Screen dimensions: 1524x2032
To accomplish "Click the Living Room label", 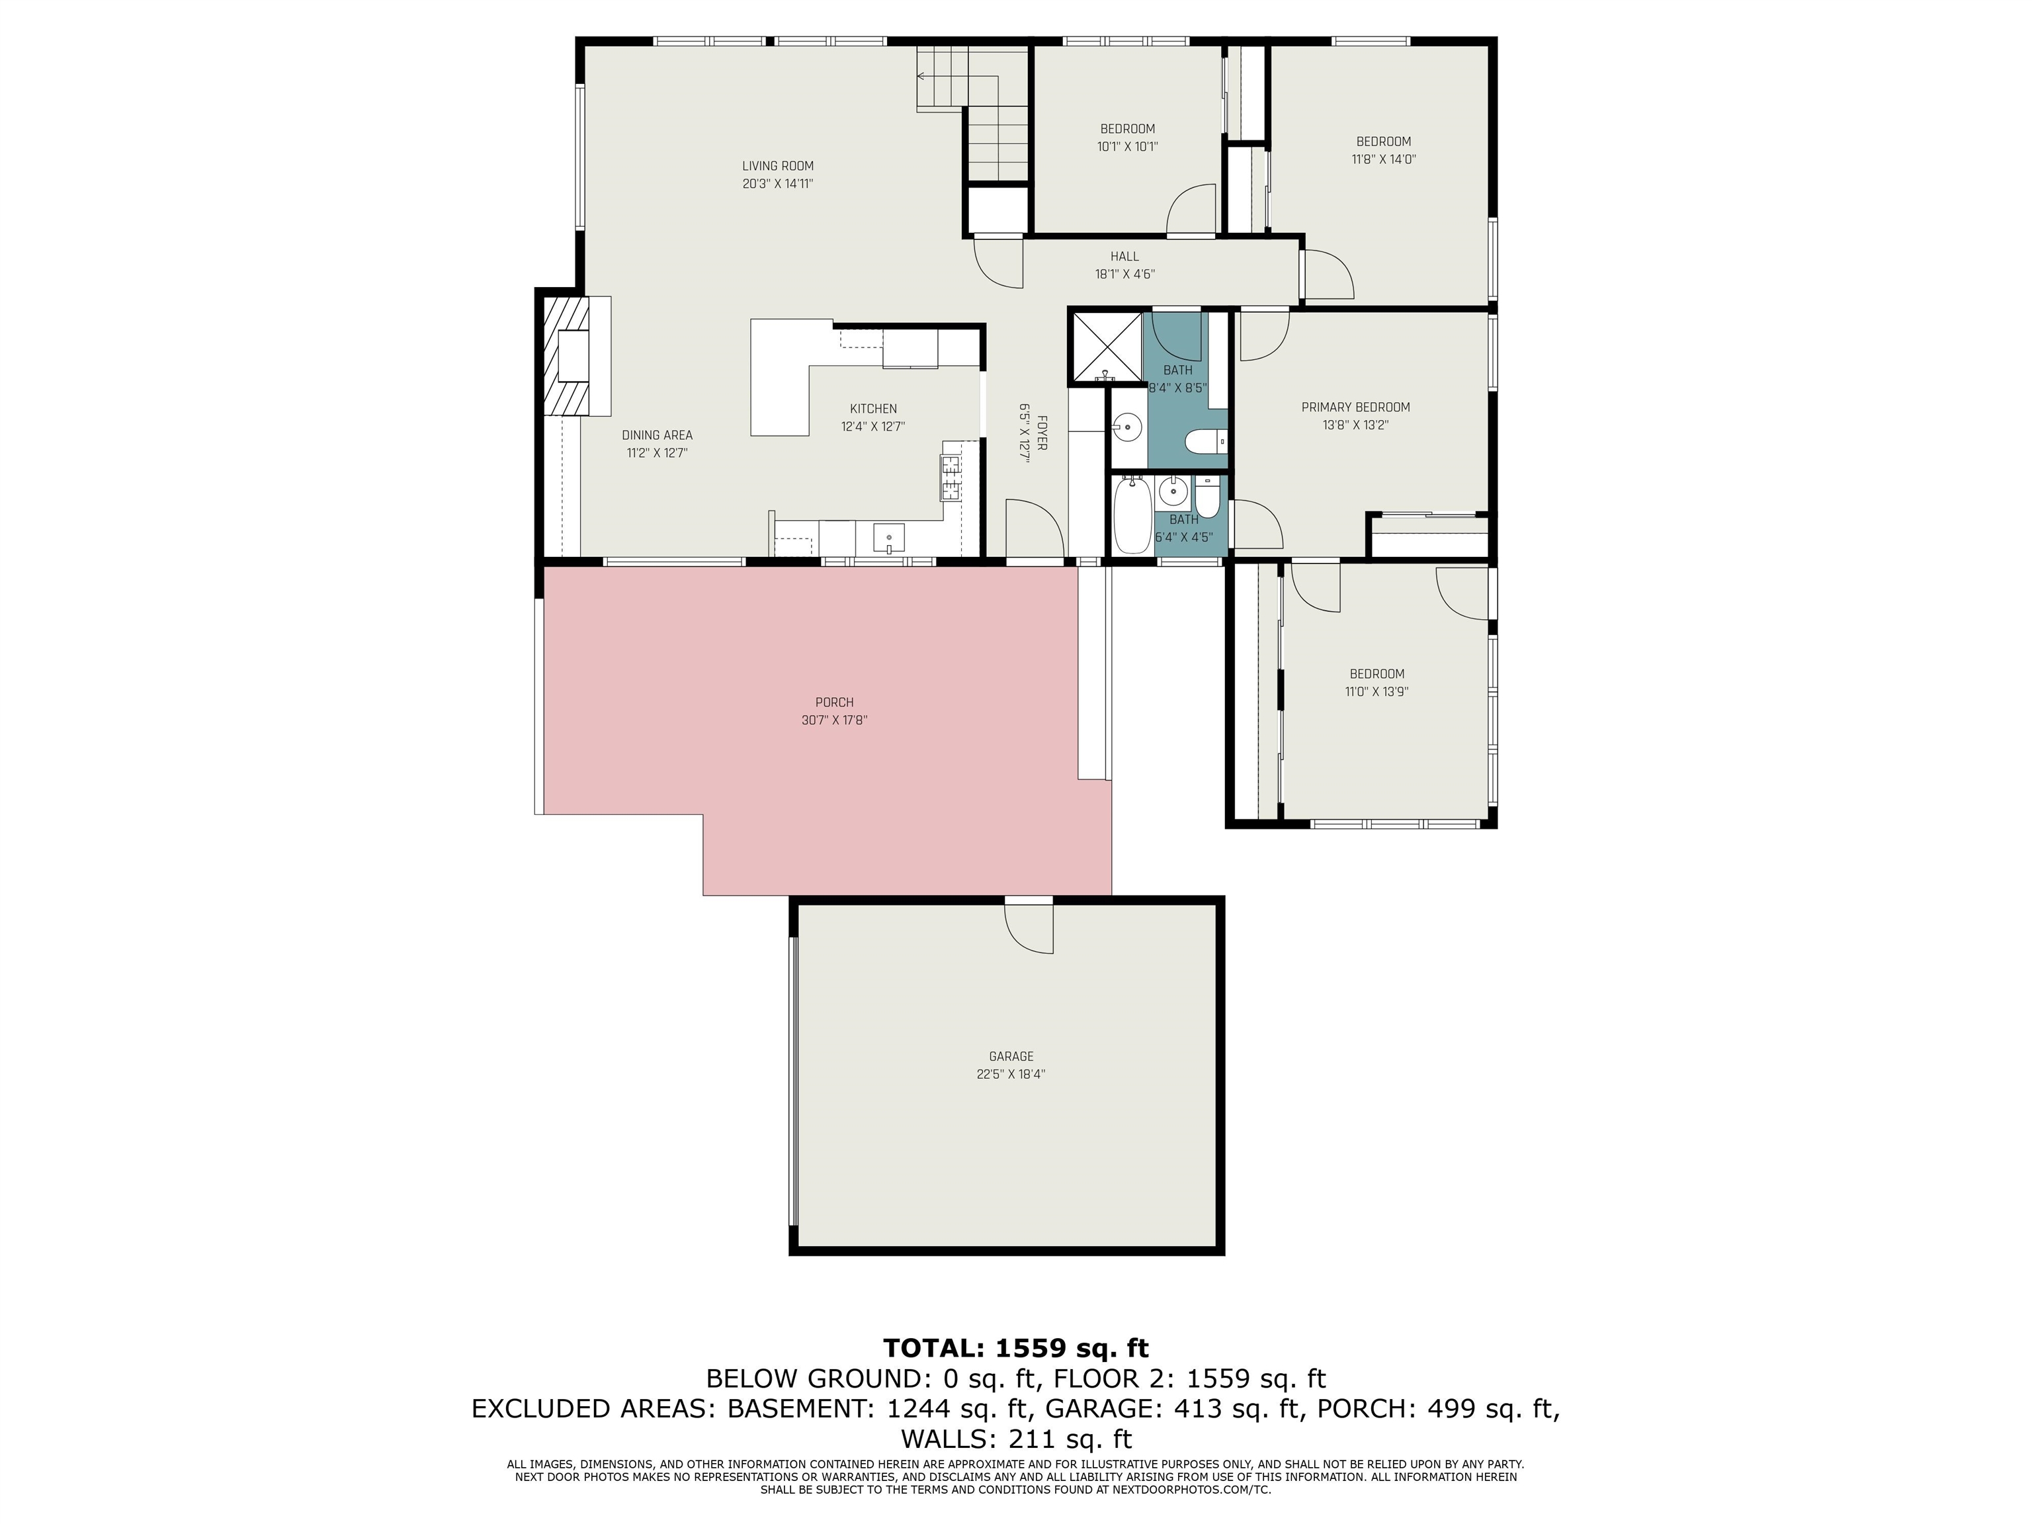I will tap(777, 166).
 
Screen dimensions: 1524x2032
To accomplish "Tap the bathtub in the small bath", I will tap(1131, 515).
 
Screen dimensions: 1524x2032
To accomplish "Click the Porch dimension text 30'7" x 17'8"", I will tap(834, 721).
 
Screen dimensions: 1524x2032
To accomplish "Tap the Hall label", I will tap(1123, 256).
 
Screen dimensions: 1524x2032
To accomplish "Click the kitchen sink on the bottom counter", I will tap(888, 537).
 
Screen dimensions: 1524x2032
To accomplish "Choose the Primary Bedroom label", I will tap(1355, 407).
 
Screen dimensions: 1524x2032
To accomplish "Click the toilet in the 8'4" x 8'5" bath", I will tap(1205, 443).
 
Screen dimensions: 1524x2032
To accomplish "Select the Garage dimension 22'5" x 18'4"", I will tap(1011, 1074).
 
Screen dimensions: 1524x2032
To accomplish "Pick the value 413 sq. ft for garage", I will tap(1234, 1408).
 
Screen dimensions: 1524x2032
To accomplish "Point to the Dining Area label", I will tap(657, 435).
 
